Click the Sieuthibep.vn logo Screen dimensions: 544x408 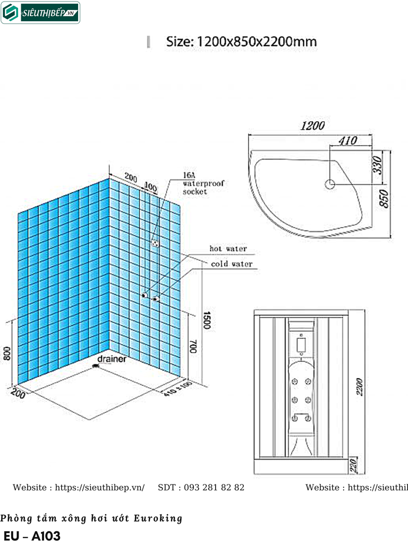pos(40,13)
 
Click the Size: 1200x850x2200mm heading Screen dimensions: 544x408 pos(241,41)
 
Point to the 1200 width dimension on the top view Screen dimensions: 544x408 pos(312,126)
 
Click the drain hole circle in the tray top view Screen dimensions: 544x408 pos(330,184)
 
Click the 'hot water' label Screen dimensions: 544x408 pos(228,249)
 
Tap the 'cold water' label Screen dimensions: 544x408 pos(232,264)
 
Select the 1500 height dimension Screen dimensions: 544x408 pos(208,320)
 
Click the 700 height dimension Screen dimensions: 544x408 pos(193,348)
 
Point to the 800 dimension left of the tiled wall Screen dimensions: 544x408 pos(7,353)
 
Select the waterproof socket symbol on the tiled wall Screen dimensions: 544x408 pos(155,243)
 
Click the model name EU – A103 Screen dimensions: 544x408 pos(32,535)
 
